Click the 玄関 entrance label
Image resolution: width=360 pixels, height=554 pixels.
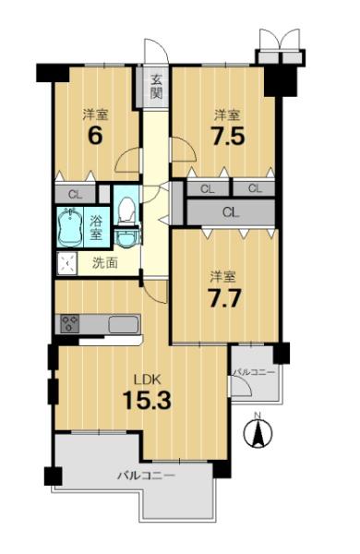156,87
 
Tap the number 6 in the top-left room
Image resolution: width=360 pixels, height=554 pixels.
95,135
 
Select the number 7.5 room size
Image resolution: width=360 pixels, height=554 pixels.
227,135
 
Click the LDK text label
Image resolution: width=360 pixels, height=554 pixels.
148,379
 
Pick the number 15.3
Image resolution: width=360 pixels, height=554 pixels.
147,401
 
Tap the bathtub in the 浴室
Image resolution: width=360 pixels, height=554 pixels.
70,227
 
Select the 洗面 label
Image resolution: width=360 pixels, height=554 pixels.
105,263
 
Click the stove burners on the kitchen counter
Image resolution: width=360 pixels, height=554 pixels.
70,324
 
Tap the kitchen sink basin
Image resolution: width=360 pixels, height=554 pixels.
123,324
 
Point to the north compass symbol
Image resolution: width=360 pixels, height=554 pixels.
258,431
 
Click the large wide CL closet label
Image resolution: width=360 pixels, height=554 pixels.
231,212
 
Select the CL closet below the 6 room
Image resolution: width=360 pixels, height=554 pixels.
76,194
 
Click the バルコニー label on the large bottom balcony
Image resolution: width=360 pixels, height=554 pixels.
146,476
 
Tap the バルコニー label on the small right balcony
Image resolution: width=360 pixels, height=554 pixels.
254,372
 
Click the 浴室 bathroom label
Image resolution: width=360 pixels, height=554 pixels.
95,227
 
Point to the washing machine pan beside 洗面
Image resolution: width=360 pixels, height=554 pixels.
66,263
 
